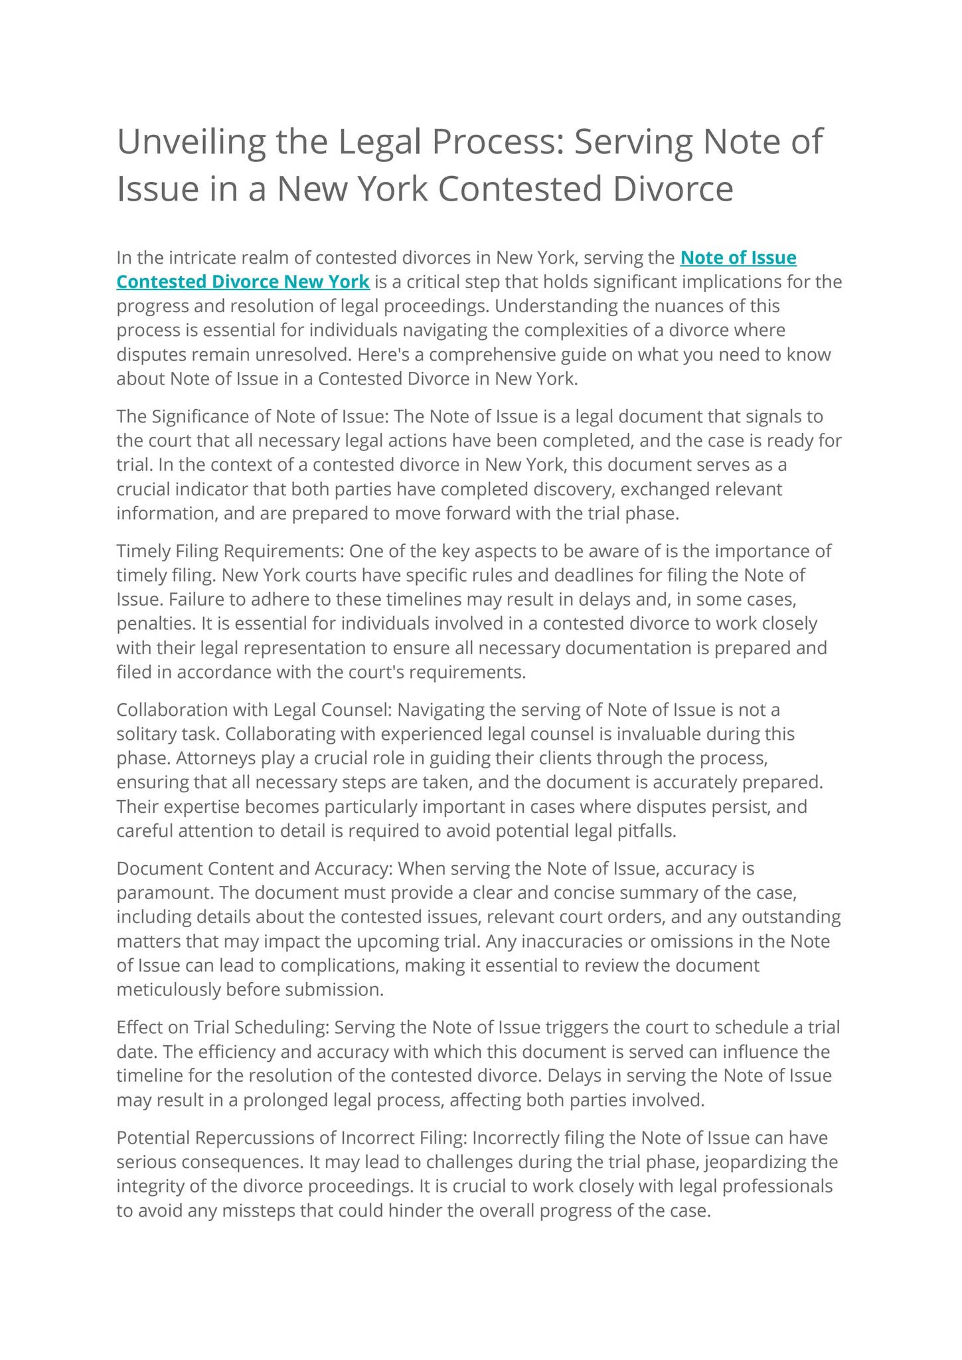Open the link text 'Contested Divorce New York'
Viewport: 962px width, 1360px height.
[243, 282]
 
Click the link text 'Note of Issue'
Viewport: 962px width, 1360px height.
[738, 258]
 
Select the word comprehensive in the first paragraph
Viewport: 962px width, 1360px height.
[501, 355]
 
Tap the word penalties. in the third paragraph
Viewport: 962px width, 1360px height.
[151, 624]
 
